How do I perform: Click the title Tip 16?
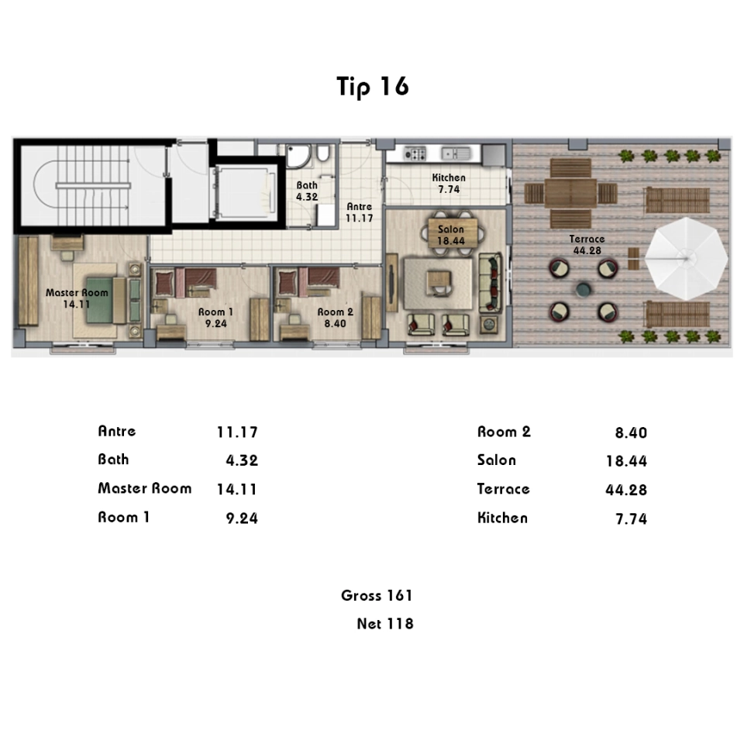(x=373, y=86)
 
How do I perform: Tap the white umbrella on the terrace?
(x=686, y=259)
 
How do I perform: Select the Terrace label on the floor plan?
(x=587, y=239)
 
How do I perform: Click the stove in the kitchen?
(x=415, y=153)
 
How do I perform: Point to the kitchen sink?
(x=456, y=153)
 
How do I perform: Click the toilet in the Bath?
(x=322, y=153)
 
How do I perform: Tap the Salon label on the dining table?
(x=451, y=229)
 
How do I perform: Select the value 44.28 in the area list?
(x=626, y=490)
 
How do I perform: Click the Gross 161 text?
(x=377, y=595)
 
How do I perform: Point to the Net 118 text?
(x=385, y=623)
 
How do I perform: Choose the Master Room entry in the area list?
(x=145, y=488)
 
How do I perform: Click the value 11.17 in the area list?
(x=237, y=432)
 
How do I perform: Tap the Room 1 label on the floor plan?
(x=216, y=312)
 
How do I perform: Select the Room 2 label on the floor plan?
(x=335, y=312)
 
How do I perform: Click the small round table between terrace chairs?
(x=583, y=289)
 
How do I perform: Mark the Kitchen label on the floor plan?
(x=449, y=177)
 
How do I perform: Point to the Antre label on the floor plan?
(x=359, y=207)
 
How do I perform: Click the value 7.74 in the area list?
(x=631, y=518)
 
